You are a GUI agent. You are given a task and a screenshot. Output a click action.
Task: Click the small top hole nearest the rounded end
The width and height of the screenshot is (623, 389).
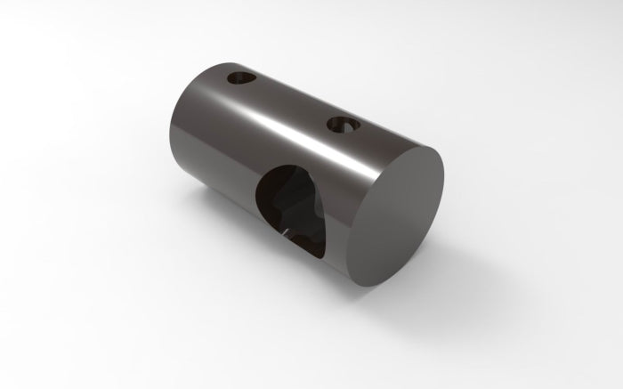[x=241, y=79]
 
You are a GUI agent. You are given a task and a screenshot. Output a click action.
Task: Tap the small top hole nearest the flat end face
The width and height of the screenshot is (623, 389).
[x=342, y=124]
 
